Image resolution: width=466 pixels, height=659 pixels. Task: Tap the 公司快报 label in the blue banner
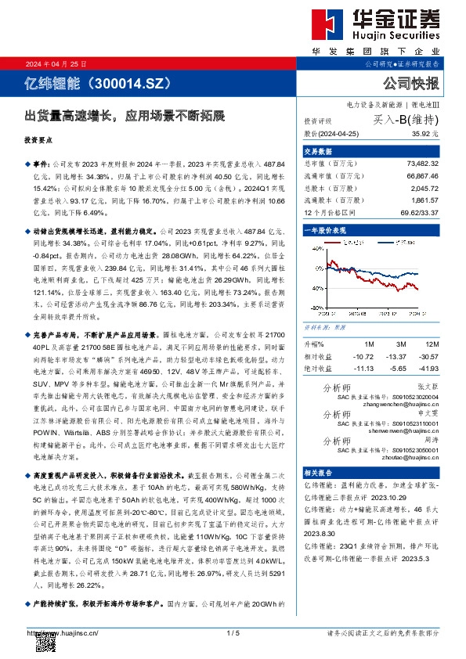pos(411,83)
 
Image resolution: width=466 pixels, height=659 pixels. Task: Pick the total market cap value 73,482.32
pos(423,163)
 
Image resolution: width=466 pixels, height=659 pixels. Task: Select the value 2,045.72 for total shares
pos(425,189)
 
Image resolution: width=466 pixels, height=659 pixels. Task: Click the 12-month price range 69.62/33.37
pos(421,212)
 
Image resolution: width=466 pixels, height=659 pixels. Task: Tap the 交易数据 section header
pos(318,151)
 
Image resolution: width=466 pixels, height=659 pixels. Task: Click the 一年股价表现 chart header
pos(325,232)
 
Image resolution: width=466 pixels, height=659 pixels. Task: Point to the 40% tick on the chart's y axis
pos(316,248)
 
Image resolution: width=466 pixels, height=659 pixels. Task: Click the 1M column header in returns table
pos(370,344)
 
